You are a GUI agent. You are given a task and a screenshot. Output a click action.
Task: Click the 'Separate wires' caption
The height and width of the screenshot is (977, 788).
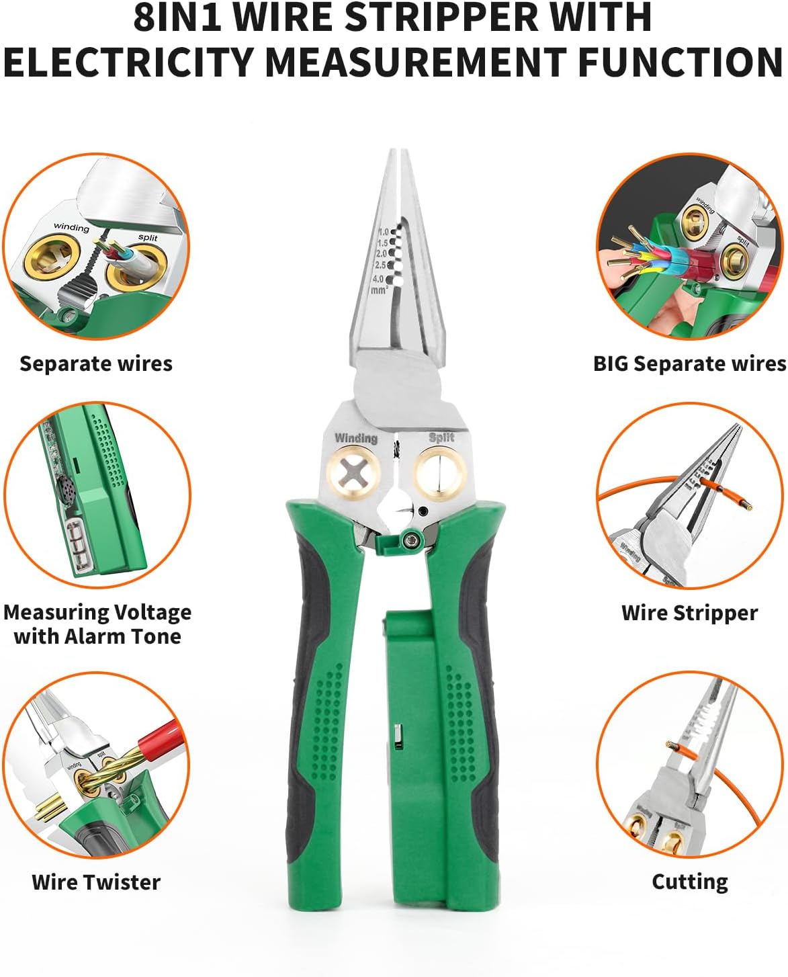96,364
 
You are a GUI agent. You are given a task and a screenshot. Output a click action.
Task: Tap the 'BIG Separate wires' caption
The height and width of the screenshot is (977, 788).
689,364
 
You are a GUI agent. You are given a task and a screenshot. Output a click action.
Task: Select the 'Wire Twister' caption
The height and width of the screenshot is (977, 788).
96,882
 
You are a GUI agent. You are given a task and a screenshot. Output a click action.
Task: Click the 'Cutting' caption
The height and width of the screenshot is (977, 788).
689,882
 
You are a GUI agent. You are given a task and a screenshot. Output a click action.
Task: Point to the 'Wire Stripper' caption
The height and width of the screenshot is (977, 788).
689,613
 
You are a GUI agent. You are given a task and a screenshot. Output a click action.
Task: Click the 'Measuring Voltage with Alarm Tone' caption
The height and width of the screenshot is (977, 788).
97,624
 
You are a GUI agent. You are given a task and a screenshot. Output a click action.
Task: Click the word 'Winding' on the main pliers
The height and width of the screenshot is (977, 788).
355,438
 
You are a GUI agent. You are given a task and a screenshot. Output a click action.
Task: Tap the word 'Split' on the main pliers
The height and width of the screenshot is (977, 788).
441,437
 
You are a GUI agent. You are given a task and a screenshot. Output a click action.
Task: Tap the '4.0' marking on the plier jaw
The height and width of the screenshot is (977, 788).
378,279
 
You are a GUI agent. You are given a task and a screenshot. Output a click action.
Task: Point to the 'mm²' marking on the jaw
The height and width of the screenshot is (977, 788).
379,290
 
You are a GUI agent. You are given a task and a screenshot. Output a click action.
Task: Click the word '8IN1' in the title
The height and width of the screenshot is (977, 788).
177,18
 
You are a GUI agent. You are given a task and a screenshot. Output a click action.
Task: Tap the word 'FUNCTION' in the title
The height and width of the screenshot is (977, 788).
680,62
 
